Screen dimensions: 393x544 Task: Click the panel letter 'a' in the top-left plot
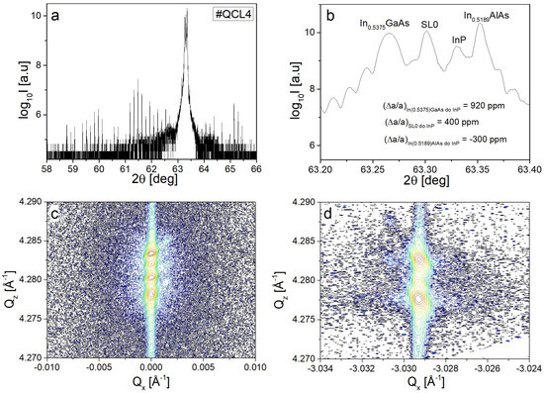point(55,18)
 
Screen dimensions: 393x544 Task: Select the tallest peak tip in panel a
point(185,12)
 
